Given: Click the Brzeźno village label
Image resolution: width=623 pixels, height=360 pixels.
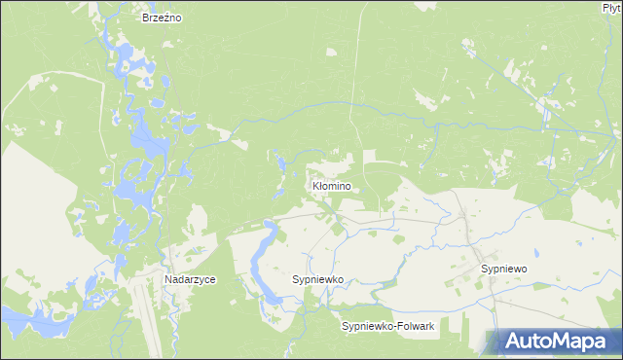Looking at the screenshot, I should (164, 18).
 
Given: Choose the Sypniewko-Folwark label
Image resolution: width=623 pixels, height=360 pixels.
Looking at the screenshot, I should (387, 326).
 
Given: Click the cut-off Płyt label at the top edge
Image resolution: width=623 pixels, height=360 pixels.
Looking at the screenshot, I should (611, 7).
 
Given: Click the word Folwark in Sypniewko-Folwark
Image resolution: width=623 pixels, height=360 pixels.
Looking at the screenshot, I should (414, 326).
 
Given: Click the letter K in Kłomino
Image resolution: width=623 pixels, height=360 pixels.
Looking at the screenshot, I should (313, 185).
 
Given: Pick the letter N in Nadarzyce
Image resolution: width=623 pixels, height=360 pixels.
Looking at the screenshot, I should (168, 279).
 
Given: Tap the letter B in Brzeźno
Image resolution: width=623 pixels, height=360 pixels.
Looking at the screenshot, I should (145, 18).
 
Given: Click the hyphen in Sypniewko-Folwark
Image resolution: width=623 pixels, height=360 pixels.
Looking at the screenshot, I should (391, 326).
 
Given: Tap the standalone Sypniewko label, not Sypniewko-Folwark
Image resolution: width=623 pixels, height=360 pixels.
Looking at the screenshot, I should (318, 279).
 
